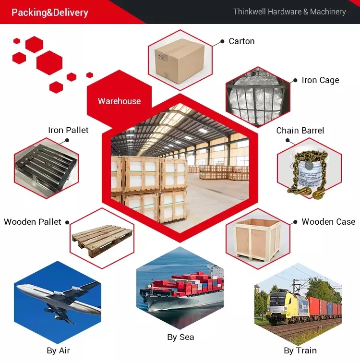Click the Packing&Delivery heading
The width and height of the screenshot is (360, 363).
[50, 12]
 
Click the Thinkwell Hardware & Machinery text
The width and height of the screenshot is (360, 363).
[289, 12]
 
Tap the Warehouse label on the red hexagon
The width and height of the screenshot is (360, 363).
[119, 101]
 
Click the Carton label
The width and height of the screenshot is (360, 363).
[241, 41]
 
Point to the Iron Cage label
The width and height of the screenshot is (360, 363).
[320, 80]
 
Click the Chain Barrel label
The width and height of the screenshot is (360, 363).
[300, 131]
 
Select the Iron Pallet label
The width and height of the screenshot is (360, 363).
[68, 130]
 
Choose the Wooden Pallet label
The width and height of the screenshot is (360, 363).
[33, 222]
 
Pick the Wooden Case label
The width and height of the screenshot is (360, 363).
[328, 222]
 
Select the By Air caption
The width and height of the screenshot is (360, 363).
[59, 351]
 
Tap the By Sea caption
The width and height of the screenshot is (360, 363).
[180, 337]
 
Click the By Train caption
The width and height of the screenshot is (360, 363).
[300, 351]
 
